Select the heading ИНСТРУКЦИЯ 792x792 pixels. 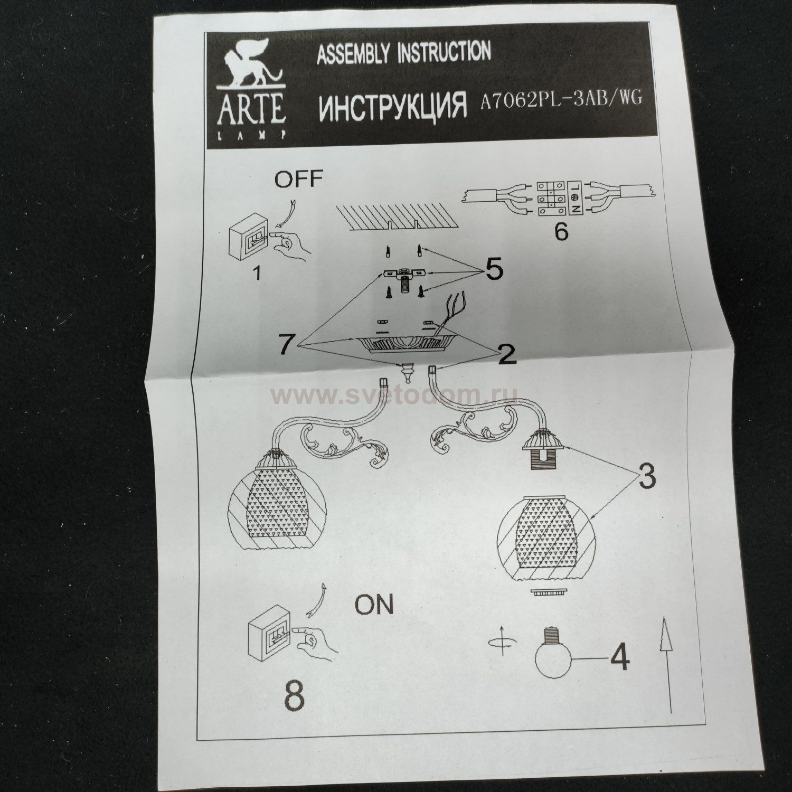(x=393, y=106)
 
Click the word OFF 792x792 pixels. (x=298, y=178)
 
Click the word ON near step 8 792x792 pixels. (x=374, y=605)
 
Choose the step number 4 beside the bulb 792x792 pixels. (x=619, y=657)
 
